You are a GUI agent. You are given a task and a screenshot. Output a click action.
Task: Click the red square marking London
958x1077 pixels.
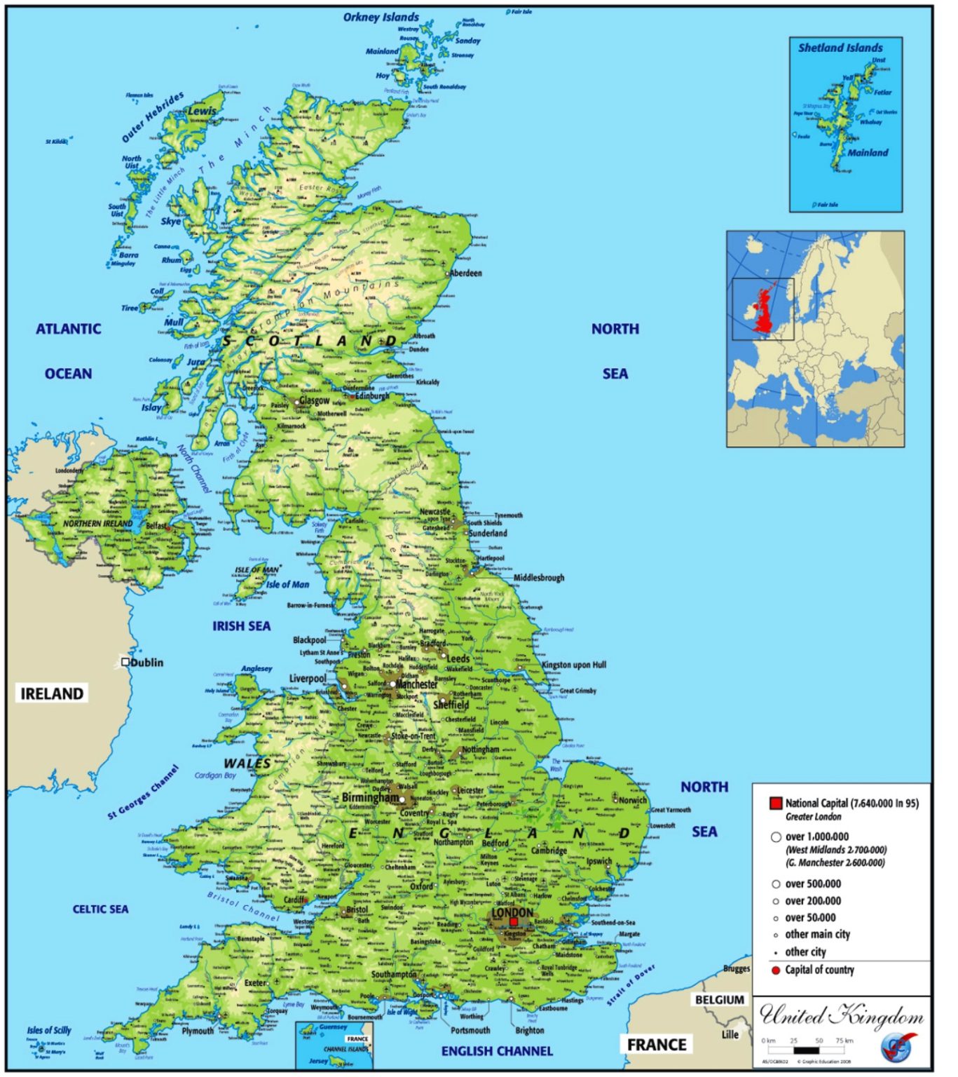[x=513, y=922]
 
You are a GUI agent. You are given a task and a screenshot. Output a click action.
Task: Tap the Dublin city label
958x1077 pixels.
[x=146, y=663]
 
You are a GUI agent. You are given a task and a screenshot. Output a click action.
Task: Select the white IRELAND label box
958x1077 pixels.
[x=52, y=694]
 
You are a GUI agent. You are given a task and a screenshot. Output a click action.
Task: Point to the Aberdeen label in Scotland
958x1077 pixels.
[x=465, y=273]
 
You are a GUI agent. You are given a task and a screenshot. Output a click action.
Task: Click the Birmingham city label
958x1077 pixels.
[x=370, y=798]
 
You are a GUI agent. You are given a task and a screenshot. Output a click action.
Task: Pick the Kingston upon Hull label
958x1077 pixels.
[x=574, y=665]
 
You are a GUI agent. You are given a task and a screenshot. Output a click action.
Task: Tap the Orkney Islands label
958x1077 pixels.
[x=381, y=17]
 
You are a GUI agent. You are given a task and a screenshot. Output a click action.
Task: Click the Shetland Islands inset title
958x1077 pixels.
[x=840, y=48]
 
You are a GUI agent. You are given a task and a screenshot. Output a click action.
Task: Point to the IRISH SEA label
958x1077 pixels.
[x=241, y=626]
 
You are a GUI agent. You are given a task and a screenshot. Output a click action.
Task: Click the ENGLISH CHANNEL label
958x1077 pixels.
[x=497, y=1051]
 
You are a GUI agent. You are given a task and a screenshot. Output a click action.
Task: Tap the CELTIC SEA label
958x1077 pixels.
[x=100, y=909]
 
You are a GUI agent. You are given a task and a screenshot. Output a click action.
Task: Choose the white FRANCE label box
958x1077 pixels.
[x=657, y=1045]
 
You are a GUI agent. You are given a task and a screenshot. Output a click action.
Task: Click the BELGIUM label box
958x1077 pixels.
[x=719, y=1000]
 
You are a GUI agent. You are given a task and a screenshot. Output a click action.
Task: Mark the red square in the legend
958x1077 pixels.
[x=775, y=804]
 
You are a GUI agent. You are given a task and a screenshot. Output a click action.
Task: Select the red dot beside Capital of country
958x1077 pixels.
[x=775, y=970]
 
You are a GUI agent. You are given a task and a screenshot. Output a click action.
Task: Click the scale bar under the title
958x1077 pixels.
[x=806, y=1050]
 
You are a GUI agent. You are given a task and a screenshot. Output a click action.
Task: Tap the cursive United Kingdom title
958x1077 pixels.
[x=841, y=1016]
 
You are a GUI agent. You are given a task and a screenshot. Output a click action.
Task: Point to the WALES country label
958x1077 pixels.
[x=247, y=764]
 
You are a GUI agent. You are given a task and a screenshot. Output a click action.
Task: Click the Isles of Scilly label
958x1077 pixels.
[x=49, y=1030]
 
